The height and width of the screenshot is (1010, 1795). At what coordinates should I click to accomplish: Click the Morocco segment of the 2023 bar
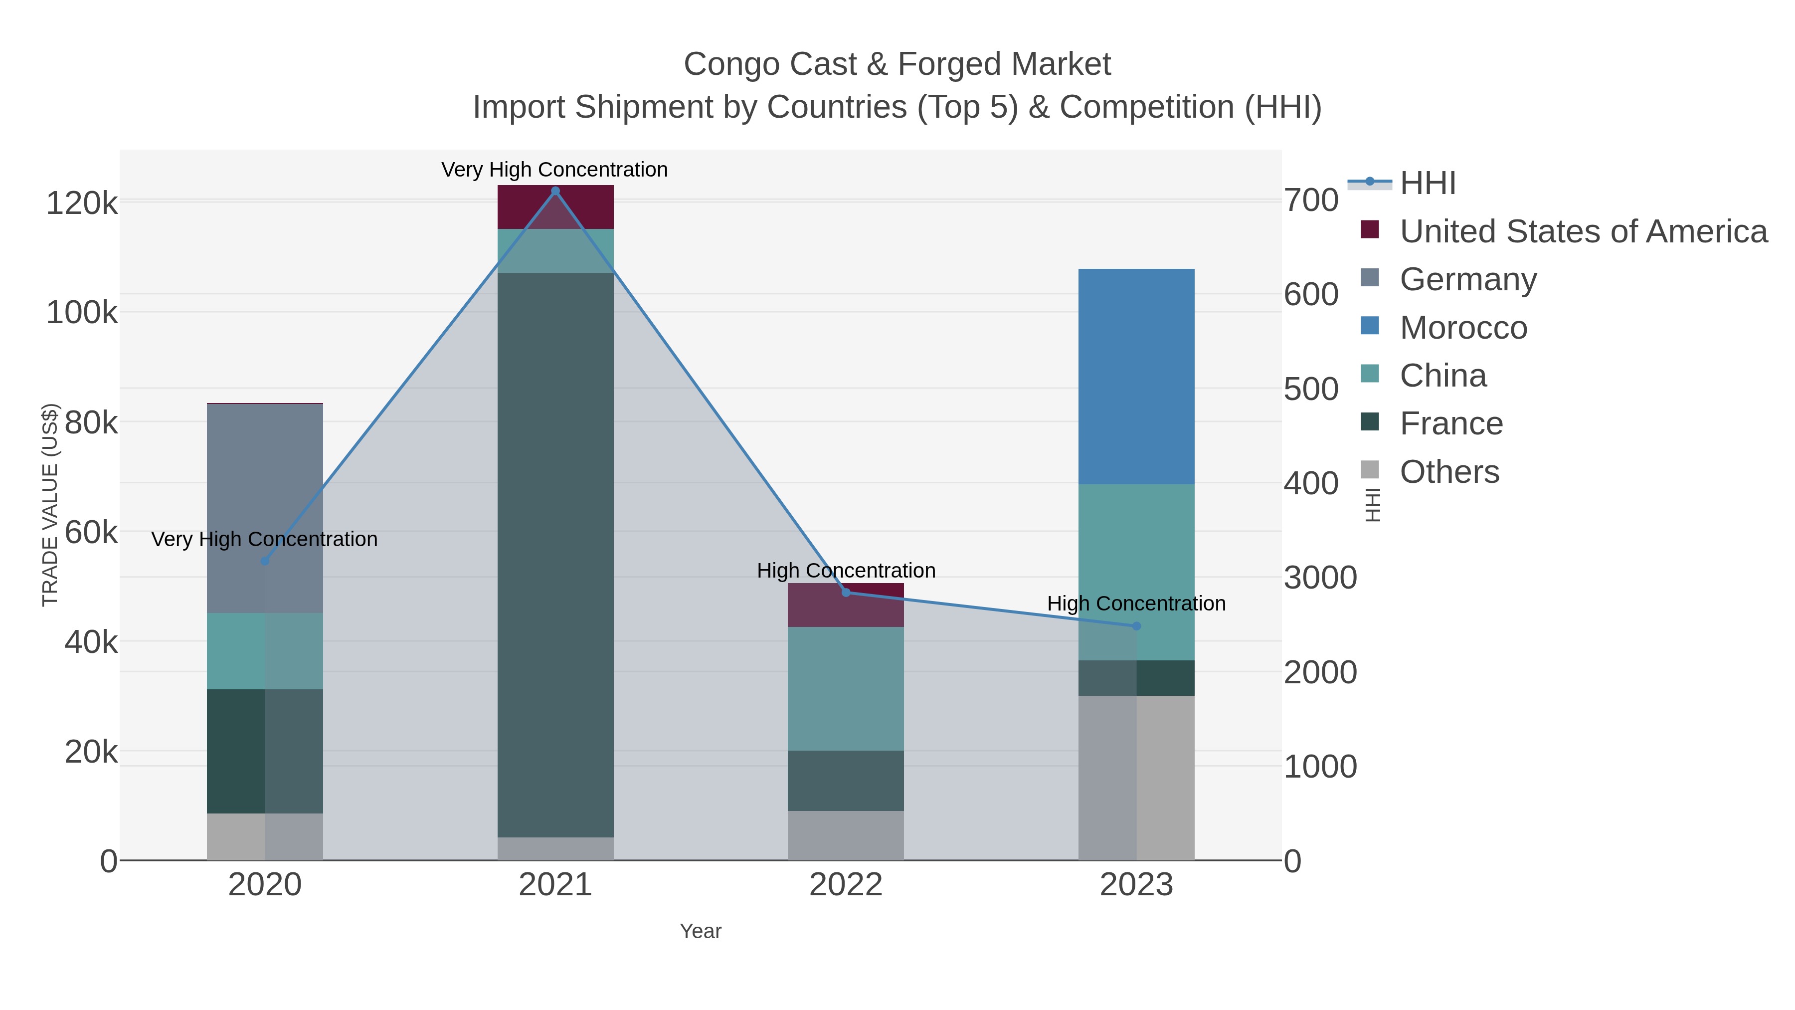[x=1136, y=377]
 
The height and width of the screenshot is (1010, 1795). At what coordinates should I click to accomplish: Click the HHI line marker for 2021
[x=555, y=191]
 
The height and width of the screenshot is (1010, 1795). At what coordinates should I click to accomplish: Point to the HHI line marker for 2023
[x=1136, y=626]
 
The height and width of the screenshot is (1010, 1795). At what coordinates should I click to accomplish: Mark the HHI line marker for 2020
[x=265, y=561]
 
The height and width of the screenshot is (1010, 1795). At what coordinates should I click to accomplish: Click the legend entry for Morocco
[x=1463, y=328]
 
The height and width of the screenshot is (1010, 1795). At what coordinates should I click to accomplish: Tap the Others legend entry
[x=1449, y=472]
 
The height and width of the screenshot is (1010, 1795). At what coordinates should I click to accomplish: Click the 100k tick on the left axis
[x=82, y=313]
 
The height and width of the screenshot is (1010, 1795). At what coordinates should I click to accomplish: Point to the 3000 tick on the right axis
[x=1320, y=578]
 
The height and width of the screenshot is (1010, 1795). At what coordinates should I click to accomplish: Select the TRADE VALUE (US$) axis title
[x=50, y=505]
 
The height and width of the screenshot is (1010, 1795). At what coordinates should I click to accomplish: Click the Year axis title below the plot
[x=701, y=931]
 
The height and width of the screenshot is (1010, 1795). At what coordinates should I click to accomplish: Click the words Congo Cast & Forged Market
[x=897, y=64]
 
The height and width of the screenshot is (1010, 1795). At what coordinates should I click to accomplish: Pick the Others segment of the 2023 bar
[x=1136, y=777]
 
